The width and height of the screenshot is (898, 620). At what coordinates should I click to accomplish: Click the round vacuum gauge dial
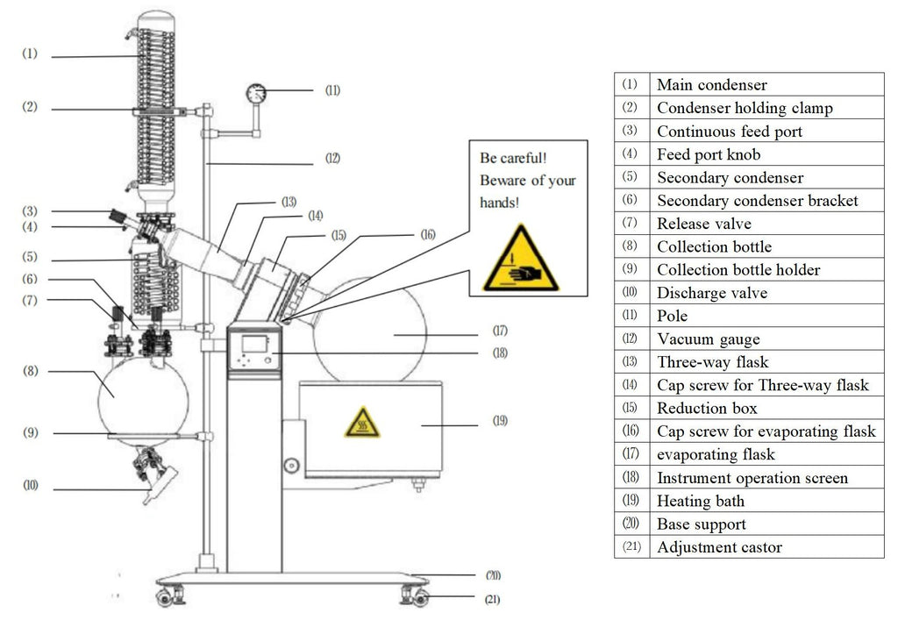[x=257, y=92]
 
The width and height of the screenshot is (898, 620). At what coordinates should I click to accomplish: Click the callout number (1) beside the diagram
[x=30, y=53]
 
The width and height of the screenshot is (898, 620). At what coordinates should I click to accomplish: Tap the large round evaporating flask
[x=373, y=330]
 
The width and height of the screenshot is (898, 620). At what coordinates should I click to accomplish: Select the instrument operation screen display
[x=253, y=345]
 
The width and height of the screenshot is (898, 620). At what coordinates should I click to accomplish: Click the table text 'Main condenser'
[x=711, y=85]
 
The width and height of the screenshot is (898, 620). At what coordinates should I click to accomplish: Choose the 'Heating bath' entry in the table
[x=700, y=501]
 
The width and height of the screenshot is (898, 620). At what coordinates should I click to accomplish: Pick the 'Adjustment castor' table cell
[x=719, y=547]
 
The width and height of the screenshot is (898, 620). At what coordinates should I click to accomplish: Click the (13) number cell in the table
[x=631, y=362]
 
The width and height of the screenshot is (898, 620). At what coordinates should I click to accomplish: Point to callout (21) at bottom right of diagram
[x=493, y=601]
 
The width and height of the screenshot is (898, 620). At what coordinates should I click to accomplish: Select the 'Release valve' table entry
[x=703, y=224]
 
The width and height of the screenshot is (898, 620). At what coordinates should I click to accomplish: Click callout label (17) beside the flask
[x=500, y=331]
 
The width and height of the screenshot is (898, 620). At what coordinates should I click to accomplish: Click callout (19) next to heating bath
[x=499, y=421]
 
